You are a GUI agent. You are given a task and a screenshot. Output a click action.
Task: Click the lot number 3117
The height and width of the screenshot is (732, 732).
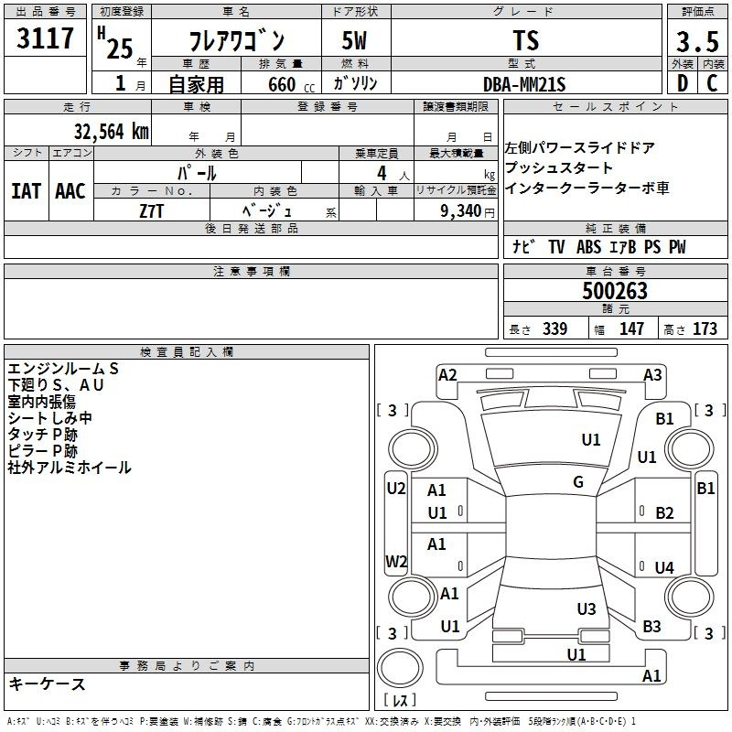point(45,40)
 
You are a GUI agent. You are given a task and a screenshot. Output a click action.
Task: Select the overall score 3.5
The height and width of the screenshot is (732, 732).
point(697,41)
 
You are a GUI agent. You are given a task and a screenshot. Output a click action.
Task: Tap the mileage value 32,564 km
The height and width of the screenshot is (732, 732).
point(111,131)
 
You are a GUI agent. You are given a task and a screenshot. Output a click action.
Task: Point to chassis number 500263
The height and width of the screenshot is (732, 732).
point(615,291)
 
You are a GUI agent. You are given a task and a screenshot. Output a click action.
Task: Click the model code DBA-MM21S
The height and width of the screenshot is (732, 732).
point(525,84)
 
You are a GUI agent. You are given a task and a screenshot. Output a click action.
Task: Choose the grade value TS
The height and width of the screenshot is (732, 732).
point(525,40)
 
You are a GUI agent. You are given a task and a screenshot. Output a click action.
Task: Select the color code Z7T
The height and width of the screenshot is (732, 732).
point(152,210)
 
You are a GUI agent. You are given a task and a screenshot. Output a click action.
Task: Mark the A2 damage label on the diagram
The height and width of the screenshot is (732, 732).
point(447,374)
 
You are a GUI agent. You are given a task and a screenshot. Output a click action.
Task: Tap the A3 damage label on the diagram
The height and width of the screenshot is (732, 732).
point(652,374)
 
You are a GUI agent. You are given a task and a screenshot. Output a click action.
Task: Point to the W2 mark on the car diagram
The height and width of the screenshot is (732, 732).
point(396,561)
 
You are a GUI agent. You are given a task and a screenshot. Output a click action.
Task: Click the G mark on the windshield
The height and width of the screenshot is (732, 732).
point(578,482)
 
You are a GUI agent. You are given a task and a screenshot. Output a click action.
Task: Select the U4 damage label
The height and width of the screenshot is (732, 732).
point(664,568)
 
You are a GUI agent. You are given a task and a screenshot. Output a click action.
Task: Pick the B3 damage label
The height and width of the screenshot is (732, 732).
point(651,627)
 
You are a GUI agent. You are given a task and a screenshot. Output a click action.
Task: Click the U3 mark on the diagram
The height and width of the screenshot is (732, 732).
point(587,608)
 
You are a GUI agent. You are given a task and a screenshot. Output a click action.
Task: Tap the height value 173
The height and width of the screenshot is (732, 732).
point(705,329)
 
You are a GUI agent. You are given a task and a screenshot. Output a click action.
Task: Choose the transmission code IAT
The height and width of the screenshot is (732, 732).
point(25,191)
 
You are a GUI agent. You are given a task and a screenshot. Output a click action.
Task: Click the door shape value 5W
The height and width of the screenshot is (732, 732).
point(354,41)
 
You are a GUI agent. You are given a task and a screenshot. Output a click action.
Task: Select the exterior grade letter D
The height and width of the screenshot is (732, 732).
point(682,83)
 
